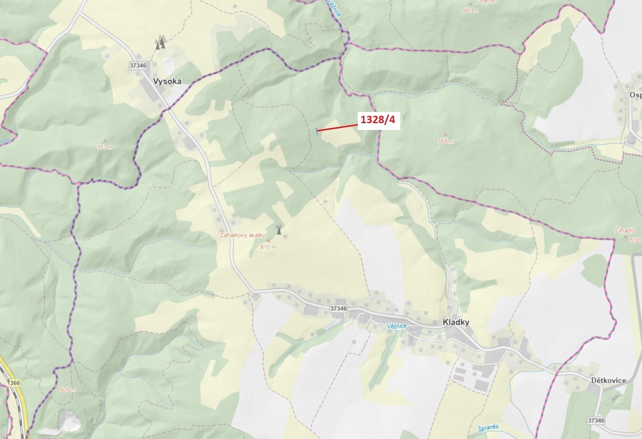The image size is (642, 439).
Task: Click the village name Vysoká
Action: tap(167, 81)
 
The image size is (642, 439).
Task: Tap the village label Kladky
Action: tap(456, 322)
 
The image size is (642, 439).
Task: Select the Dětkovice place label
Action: tap(608, 381)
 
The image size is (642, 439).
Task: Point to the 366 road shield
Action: tap(15, 383)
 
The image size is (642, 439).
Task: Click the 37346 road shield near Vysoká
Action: tap(138, 65)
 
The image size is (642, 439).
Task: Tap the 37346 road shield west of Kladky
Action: tap(339, 308)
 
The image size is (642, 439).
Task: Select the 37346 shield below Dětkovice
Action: tap(596, 420)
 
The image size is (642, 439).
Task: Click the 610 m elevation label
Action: tap(268, 247)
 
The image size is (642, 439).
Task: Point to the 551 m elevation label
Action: tap(105, 147)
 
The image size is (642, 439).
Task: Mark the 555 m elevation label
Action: tap(446, 142)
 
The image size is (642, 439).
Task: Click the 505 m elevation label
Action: tap(67, 389)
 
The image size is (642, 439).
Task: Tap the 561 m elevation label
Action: tap(470, 11)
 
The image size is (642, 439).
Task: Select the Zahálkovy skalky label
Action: tap(242, 235)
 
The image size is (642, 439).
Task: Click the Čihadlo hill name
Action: tap(625, 230)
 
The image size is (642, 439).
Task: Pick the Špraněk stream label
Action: tap(488, 428)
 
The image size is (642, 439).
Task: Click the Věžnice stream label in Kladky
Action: tap(397, 326)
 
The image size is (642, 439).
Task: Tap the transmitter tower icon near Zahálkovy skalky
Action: tap(279, 229)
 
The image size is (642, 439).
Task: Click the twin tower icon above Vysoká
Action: tap(160, 42)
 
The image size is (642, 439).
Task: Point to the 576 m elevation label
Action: tap(635, 240)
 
